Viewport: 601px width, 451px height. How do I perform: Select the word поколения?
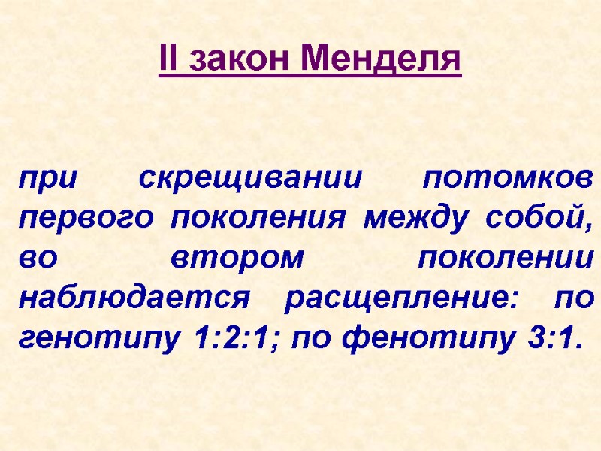coord(259,220)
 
